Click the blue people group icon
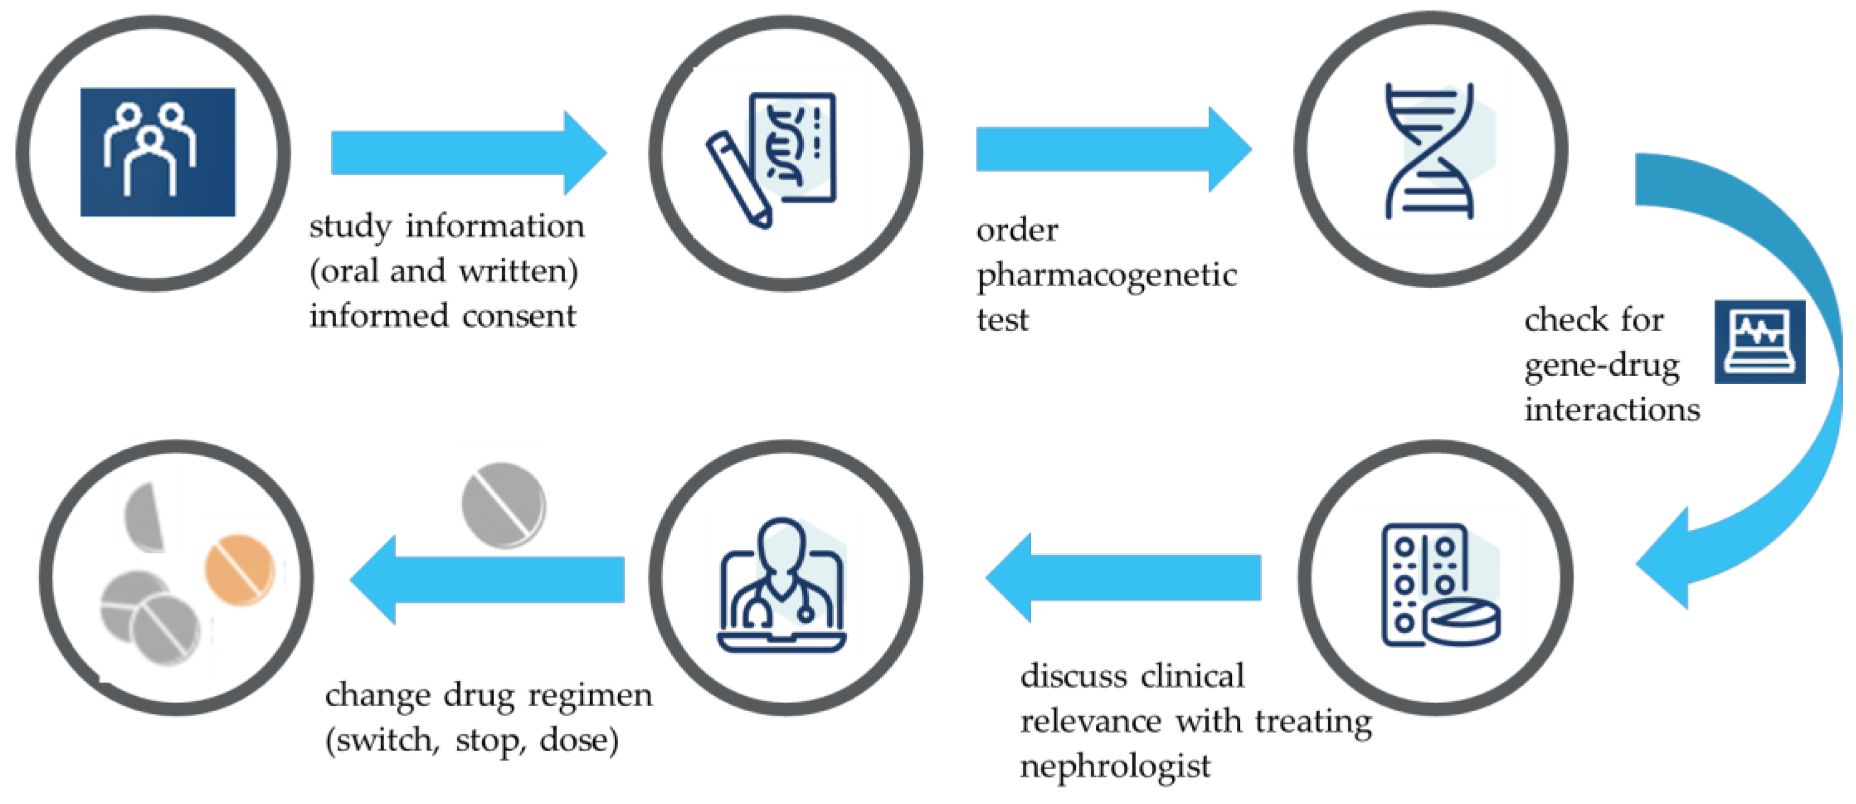157,152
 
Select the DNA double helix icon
1430,151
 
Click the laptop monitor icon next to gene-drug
1759,341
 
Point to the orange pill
240,569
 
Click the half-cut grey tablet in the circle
145,517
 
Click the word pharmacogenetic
1106,276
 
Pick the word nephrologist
1115,766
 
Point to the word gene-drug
1601,366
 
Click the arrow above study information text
468,153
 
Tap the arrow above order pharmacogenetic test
1113,149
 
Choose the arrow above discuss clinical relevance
1124,577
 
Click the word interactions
1612,409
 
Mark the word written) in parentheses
518,272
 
